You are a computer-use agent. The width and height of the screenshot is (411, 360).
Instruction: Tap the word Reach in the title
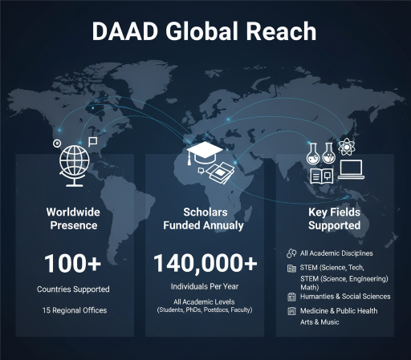click(283, 31)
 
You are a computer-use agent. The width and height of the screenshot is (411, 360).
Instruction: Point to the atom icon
click(347, 148)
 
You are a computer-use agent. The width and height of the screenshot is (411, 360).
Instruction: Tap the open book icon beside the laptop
click(321, 174)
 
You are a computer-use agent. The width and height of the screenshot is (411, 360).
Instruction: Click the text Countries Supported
click(73, 289)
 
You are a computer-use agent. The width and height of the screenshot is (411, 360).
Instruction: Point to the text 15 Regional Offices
click(73, 309)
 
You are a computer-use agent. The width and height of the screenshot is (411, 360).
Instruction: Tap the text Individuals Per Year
click(205, 286)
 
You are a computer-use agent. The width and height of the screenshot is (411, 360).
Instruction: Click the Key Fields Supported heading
click(335, 219)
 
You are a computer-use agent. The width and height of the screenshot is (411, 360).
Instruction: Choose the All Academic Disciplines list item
click(336, 253)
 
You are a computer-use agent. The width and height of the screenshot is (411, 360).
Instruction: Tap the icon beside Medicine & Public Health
click(291, 310)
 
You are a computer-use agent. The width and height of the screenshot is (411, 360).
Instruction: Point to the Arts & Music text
click(319, 322)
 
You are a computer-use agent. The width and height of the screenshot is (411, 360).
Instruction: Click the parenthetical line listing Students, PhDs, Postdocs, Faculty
click(205, 309)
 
